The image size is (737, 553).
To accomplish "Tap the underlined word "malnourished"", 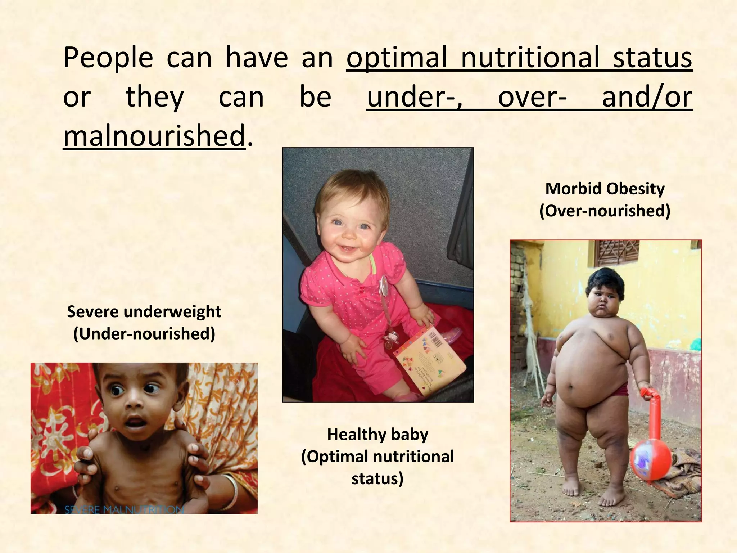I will (x=154, y=136).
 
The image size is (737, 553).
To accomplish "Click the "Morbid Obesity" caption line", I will (x=605, y=189).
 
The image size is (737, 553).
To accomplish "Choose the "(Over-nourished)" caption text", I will (x=605, y=211).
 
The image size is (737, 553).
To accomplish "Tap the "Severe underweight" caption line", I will (x=144, y=312).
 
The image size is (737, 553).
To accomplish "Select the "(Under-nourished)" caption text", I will (x=144, y=334).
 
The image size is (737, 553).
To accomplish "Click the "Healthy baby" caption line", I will (x=377, y=435).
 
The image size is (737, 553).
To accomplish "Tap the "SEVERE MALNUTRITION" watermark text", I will (x=124, y=510).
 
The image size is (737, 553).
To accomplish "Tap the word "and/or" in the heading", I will (x=647, y=97).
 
